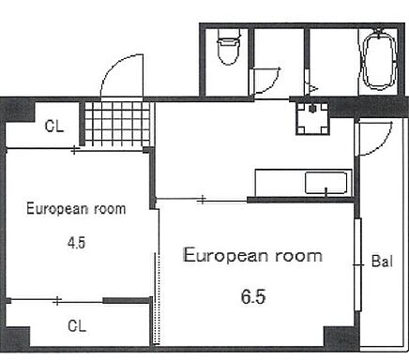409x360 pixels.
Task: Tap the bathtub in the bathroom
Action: tap(379, 61)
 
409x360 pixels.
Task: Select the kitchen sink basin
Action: tap(326, 183)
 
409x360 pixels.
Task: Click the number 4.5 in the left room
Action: tap(77, 243)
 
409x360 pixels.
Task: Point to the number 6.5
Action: tap(253, 296)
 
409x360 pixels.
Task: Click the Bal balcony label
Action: tap(382, 261)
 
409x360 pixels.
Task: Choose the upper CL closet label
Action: tap(54, 127)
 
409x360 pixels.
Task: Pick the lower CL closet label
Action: tap(77, 326)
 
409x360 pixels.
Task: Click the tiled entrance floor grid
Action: tap(117, 123)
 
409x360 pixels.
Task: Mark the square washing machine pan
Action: tap(312, 118)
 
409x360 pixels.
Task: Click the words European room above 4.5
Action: tap(76, 209)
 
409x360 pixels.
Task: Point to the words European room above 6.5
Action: tap(252, 256)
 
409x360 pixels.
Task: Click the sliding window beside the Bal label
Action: tap(357, 264)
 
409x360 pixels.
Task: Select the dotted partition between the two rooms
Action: tap(158, 298)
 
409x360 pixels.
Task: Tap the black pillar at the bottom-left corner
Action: tap(16, 337)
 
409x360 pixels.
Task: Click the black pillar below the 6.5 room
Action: tap(340, 337)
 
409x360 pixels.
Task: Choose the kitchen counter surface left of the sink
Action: tap(280, 183)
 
